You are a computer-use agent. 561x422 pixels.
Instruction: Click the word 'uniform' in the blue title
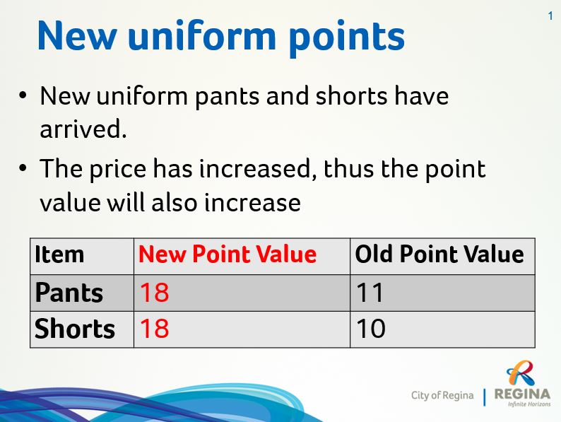[x=201, y=36]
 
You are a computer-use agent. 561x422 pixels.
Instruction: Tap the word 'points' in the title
[x=347, y=38]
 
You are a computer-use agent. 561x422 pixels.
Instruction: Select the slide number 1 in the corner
[x=550, y=16]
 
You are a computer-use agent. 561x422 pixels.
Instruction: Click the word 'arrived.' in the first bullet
[x=83, y=129]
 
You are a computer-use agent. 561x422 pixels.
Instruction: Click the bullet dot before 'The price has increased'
[x=23, y=168]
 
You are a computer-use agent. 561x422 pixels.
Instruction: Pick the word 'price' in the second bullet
[x=118, y=170]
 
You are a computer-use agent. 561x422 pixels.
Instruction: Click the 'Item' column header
[x=59, y=254]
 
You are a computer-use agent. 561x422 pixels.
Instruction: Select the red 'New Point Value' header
[x=228, y=254]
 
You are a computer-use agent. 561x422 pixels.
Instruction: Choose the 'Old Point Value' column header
[x=439, y=254]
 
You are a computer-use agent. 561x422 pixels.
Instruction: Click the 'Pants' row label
[x=69, y=293]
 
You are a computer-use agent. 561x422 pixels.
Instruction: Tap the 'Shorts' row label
[x=75, y=329]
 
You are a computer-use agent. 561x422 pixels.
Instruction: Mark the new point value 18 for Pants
[x=154, y=293]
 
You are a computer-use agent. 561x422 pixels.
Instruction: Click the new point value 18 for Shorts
[x=154, y=329]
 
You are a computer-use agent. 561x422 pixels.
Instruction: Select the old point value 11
[x=370, y=293]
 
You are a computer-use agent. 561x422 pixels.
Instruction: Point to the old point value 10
[x=371, y=329]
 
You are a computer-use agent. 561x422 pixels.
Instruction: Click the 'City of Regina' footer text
[x=442, y=396]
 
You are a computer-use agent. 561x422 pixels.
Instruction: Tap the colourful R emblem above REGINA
[x=521, y=373]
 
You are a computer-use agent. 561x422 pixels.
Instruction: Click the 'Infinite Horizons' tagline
[x=529, y=404]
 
